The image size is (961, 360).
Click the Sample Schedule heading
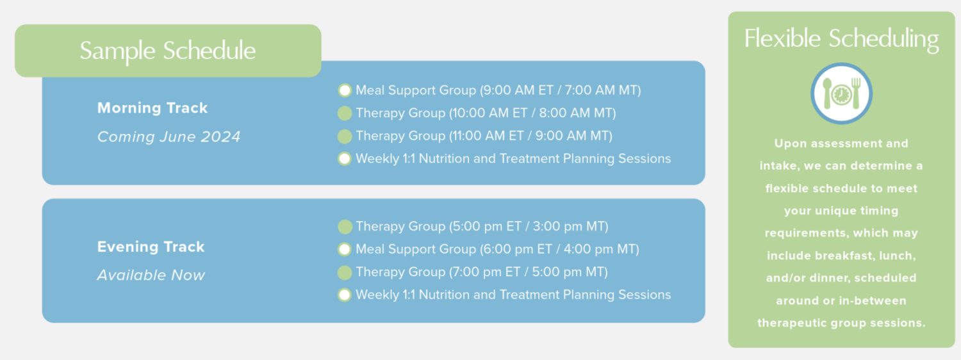(168, 51)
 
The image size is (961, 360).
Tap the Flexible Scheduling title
(841, 39)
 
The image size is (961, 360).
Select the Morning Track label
(152, 108)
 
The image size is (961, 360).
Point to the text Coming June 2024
(168, 136)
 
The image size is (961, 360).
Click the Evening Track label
(151, 247)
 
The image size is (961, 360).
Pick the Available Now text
(151, 275)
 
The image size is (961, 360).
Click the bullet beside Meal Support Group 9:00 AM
(345, 90)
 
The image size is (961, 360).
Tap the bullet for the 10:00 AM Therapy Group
(345, 113)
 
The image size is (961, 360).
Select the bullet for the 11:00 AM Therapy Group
(345, 136)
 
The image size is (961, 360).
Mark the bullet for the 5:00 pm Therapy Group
(345, 227)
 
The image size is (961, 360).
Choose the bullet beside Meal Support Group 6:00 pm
(345, 249)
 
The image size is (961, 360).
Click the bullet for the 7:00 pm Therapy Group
(345, 272)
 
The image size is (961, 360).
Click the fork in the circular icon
(857, 93)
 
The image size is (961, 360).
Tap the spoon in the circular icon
(827, 93)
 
